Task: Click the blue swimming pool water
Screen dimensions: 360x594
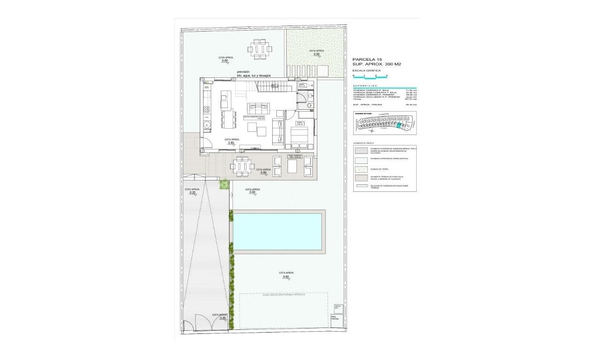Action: (x=278, y=232)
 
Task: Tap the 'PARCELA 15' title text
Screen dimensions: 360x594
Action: (x=367, y=59)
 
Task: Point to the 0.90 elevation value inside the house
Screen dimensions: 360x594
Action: (x=231, y=143)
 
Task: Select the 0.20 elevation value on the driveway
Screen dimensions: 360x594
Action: (x=193, y=193)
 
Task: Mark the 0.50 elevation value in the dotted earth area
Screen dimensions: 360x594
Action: (x=317, y=54)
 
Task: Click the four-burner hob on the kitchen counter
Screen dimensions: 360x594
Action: (x=207, y=109)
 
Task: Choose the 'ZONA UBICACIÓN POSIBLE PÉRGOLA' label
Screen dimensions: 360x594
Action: (x=283, y=295)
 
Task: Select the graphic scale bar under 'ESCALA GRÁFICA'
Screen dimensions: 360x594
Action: (x=370, y=78)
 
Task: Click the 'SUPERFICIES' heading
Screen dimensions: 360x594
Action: (x=364, y=85)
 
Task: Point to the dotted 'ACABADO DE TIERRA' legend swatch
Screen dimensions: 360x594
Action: (x=361, y=169)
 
